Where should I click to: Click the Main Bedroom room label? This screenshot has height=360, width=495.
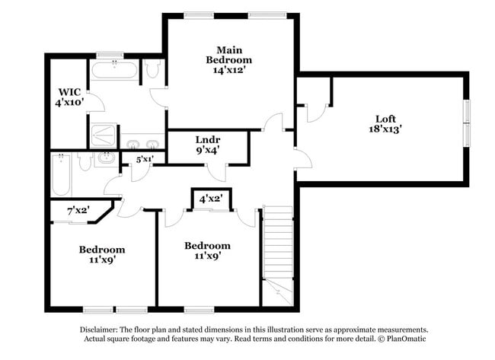[x=229, y=59]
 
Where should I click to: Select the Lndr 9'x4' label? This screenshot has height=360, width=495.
[x=208, y=145]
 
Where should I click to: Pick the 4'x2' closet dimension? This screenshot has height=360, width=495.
[x=210, y=199]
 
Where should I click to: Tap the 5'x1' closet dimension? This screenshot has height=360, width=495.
[x=144, y=159]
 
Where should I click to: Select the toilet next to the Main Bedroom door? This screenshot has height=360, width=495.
[x=152, y=70]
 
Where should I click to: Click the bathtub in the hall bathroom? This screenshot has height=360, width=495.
[x=62, y=174]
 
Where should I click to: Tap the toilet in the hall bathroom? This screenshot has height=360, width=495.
[x=85, y=160]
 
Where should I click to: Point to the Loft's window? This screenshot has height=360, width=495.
[x=466, y=122]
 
